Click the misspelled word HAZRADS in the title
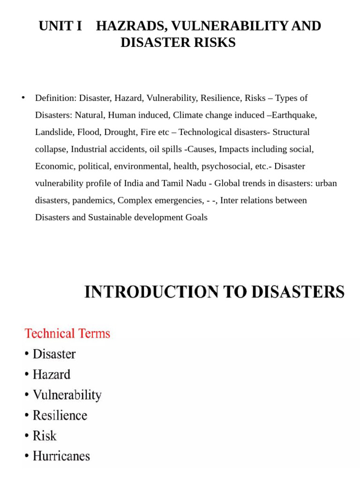point(125,26)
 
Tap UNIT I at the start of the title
point(60,26)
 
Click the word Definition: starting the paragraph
point(55,98)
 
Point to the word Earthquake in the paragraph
point(296,115)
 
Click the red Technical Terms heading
point(67,333)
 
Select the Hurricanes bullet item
point(61,456)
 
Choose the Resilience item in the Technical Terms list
point(60,415)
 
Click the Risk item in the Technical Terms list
point(45,436)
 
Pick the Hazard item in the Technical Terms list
point(52,375)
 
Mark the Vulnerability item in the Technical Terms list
point(67,395)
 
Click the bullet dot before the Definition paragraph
point(23,97)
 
